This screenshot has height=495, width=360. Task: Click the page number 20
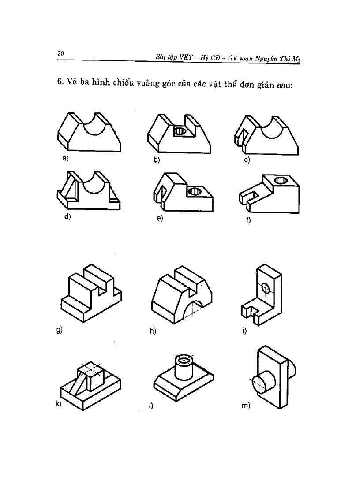[60, 53]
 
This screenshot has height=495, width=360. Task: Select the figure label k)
[58, 405]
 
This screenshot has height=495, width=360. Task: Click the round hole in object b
[180, 131]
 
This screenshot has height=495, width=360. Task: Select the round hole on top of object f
[279, 180]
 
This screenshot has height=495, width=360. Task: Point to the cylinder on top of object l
[182, 368]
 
